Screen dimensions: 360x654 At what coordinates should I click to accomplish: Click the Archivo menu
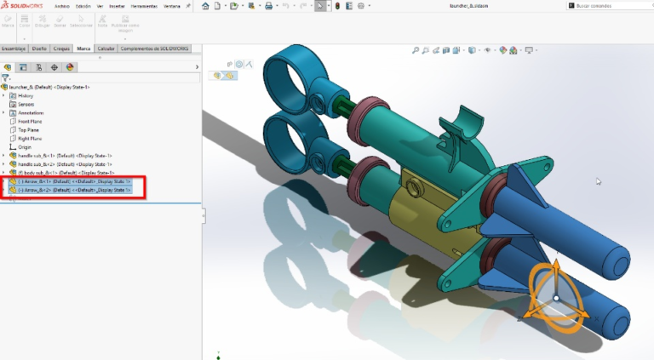tap(62, 5)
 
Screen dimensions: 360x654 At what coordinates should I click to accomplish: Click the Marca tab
tap(83, 49)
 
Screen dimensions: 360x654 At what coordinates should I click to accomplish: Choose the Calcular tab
tap(106, 49)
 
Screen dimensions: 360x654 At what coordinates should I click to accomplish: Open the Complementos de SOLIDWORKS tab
tap(155, 49)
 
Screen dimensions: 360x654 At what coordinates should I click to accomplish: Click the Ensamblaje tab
tap(14, 49)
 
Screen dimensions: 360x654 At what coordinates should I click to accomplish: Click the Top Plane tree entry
tap(29, 129)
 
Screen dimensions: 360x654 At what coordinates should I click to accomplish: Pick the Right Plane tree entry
tap(30, 138)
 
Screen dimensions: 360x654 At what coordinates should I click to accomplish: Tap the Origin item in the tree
tap(25, 146)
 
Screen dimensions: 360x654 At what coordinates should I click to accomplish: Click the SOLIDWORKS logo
tap(24, 5)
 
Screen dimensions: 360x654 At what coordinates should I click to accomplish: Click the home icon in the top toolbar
tap(206, 5)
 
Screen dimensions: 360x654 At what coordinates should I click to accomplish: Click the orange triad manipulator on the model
tap(555, 297)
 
